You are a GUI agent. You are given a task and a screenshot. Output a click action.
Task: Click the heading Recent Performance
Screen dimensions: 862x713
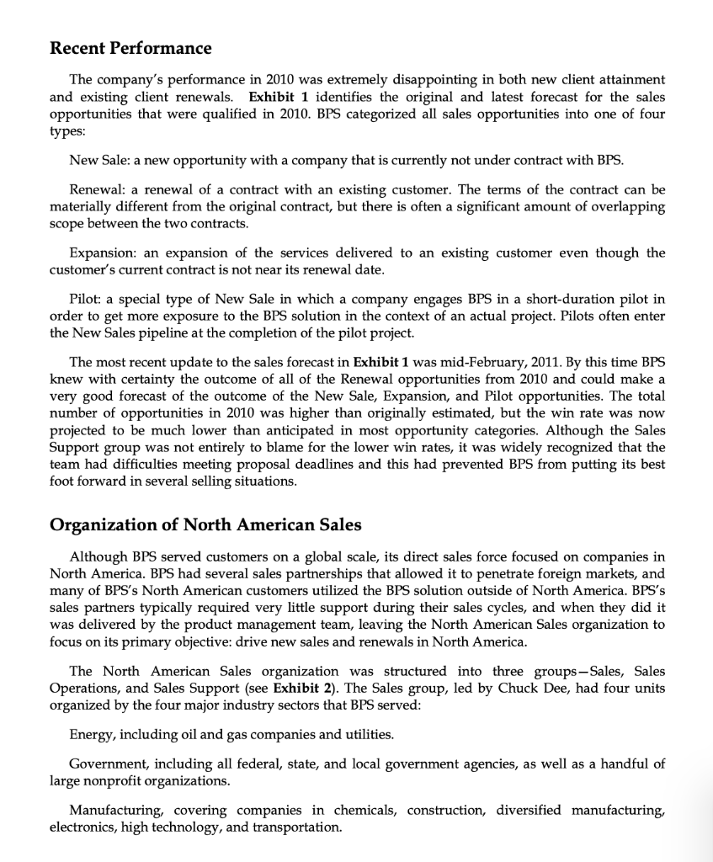click(130, 47)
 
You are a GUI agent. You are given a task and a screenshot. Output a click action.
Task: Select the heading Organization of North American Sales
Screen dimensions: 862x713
click(205, 525)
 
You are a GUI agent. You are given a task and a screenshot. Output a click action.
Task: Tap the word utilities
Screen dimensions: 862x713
click(368, 735)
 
